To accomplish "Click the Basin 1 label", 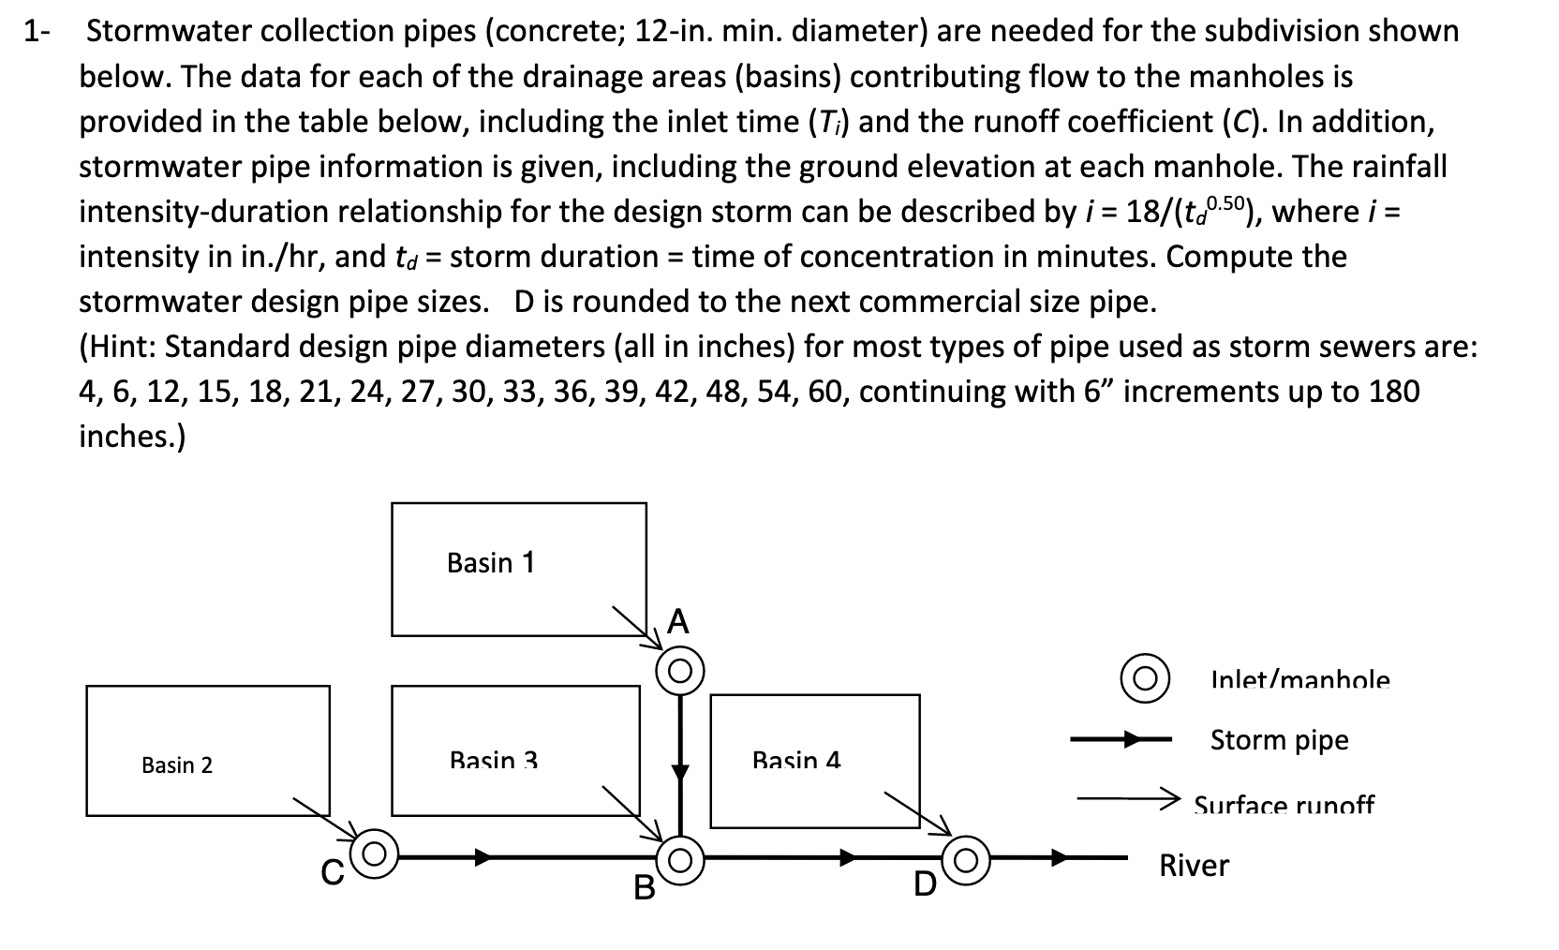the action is (x=491, y=563).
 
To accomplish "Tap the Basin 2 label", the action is (x=177, y=765).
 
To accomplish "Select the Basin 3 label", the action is (x=494, y=760).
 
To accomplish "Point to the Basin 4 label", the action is (x=796, y=760).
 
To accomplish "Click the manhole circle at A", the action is (x=680, y=671).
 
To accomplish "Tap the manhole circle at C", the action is (x=375, y=853).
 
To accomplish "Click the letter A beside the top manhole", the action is (x=678, y=622).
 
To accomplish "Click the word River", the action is (x=1194, y=866).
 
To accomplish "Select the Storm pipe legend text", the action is (x=1279, y=740).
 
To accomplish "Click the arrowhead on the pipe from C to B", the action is (x=483, y=856).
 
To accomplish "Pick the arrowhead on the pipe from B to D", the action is (x=848, y=856).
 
